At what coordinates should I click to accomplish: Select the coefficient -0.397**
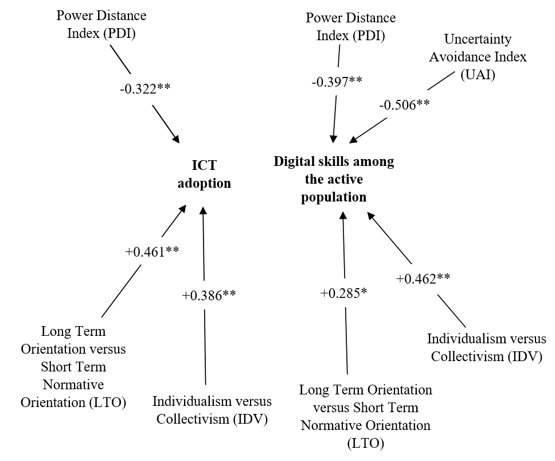(x=337, y=82)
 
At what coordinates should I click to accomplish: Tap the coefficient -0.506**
(x=405, y=105)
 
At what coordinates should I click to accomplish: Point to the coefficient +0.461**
(x=151, y=251)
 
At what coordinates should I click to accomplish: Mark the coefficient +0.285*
(x=343, y=293)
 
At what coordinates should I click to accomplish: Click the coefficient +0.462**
(x=423, y=280)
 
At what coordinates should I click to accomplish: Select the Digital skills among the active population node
(x=334, y=179)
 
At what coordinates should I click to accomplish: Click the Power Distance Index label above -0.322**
(x=101, y=24)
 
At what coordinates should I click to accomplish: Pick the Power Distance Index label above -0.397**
(x=350, y=27)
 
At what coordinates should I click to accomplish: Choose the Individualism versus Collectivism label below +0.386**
(x=212, y=409)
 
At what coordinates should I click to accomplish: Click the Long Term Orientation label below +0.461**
(x=73, y=366)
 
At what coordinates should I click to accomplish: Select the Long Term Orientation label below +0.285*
(x=366, y=416)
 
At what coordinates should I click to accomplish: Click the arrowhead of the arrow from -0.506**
(x=352, y=140)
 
